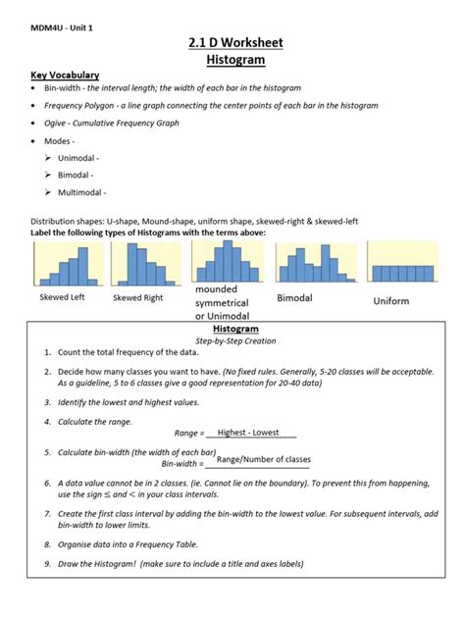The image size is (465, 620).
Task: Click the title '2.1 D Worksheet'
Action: click(232, 43)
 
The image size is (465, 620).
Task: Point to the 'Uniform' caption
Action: click(390, 301)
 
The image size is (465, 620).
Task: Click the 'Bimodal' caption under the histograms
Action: click(294, 297)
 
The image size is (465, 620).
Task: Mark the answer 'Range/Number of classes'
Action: click(263, 459)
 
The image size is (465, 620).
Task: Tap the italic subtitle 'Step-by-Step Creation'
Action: click(232, 340)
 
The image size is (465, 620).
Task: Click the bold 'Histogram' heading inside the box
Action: click(232, 330)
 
